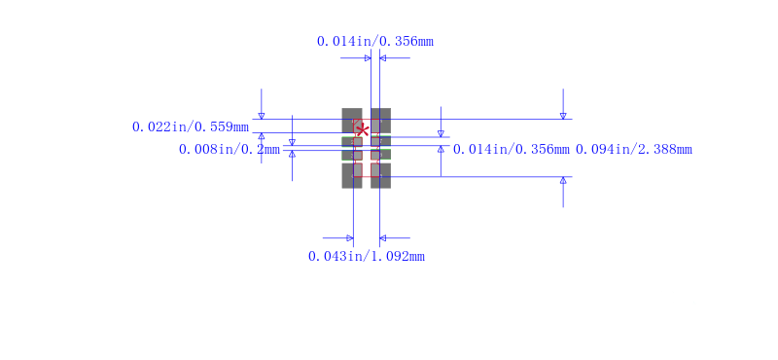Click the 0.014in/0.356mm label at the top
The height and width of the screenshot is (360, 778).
pyautogui.click(x=375, y=41)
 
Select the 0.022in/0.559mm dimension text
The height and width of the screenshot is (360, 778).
pyautogui.click(x=191, y=126)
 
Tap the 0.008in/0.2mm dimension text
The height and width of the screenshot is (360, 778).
pyautogui.click(x=230, y=149)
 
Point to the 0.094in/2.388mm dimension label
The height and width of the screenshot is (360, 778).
pyautogui.click(x=634, y=149)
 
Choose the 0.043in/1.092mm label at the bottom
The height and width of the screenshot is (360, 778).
pyautogui.click(x=367, y=256)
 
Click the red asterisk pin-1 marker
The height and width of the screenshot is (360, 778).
pyautogui.click(x=363, y=130)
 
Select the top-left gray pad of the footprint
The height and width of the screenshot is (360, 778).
pyautogui.click(x=352, y=121)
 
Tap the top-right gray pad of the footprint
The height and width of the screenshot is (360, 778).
pyautogui.click(x=380, y=121)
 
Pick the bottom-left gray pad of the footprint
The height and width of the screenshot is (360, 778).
pyautogui.click(x=352, y=176)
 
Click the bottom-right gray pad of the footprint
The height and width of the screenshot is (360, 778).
pyautogui.click(x=380, y=176)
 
